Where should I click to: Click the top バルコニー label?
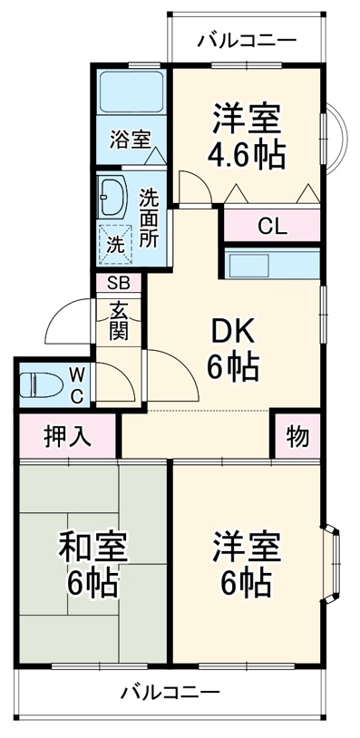[246, 40]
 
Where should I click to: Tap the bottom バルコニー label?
[170, 694]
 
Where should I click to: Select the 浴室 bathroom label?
[130, 140]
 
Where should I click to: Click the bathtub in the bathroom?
[130, 91]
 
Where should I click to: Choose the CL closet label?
[271, 226]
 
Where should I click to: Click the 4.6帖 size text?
[246, 154]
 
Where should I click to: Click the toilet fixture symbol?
[37, 383]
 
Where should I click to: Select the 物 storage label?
[297, 436]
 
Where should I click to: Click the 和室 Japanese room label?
[92, 546]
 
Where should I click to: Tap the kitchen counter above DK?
[271, 265]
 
